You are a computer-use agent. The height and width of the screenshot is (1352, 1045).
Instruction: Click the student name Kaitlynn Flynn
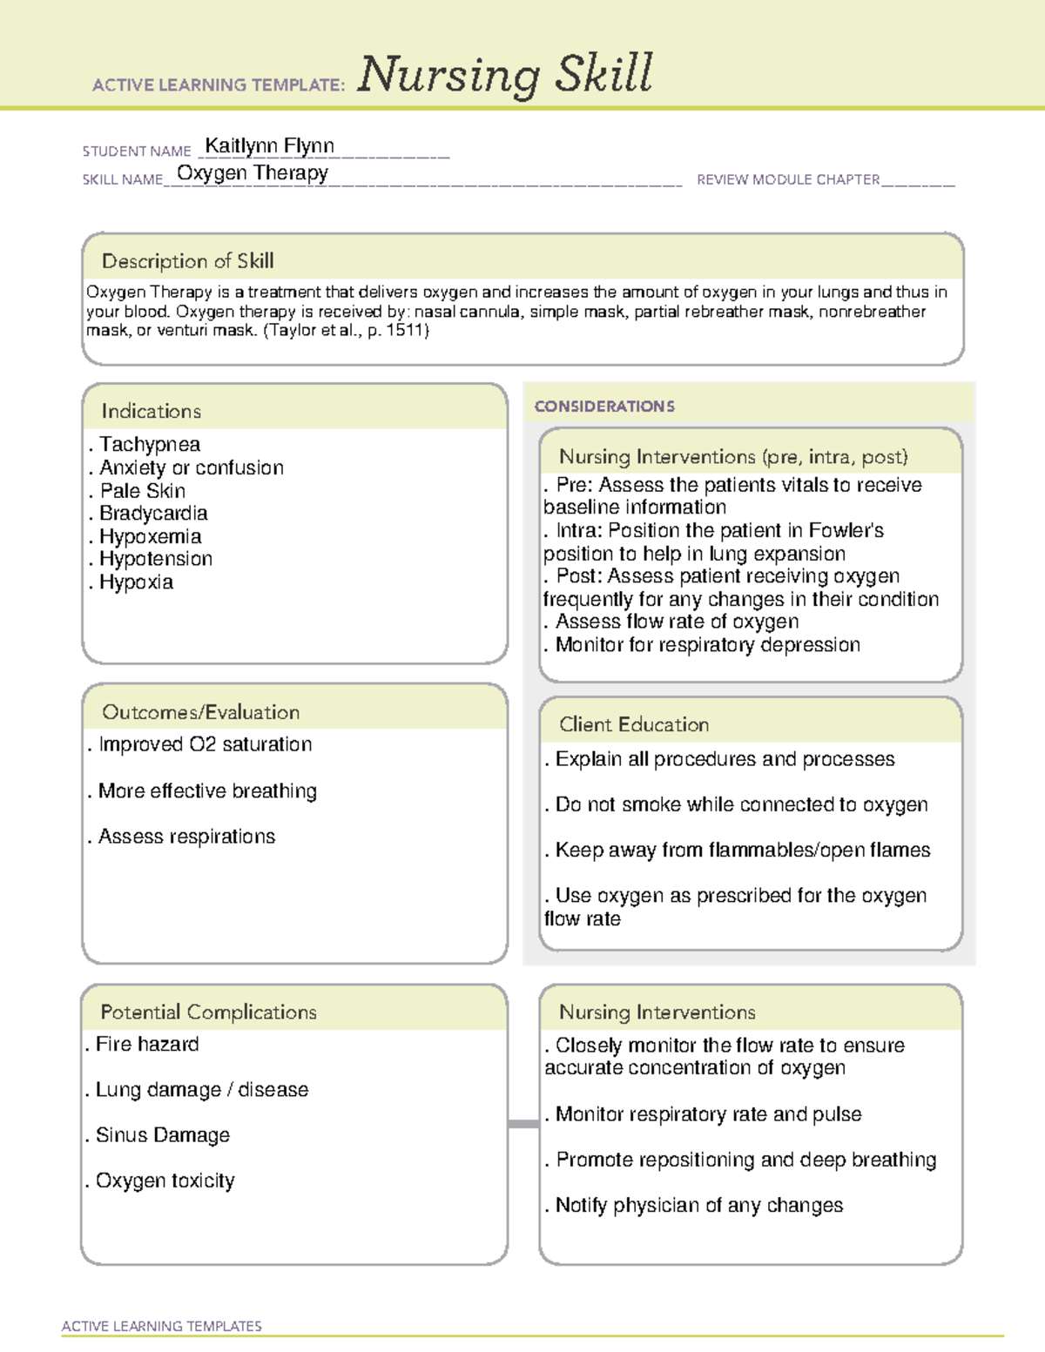pos(269,146)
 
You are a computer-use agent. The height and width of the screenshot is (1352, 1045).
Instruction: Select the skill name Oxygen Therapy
pos(253,173)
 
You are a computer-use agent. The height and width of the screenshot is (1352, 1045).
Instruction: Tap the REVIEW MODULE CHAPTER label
pos(788,180)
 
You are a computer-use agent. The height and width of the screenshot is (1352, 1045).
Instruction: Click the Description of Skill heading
pos(188,261)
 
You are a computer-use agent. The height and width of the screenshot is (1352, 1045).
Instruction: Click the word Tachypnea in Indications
pos(150,445)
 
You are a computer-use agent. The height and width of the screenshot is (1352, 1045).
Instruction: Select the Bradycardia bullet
pos(153,514)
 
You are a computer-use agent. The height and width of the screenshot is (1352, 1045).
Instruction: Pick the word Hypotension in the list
pos(156,559)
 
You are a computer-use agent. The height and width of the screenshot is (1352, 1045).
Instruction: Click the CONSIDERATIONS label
pos(604,407)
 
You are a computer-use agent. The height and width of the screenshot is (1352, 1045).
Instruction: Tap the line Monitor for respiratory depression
pos(707,645)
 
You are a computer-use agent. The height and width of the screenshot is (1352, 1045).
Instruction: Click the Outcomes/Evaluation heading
pos(201,712)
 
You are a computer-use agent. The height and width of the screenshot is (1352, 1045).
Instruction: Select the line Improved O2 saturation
pos(205,744)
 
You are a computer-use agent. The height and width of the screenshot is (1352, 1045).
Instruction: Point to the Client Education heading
pos(634,724)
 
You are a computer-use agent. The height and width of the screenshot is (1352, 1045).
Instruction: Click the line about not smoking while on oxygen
pos(741,804)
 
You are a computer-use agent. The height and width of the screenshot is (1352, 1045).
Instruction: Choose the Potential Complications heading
pos(209,1012)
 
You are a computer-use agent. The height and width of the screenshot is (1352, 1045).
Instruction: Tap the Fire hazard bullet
pos(147,1044)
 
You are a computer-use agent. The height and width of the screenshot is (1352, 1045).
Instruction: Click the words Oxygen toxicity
pos(165,1180)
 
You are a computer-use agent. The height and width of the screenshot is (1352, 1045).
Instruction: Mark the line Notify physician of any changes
pos(698,1206)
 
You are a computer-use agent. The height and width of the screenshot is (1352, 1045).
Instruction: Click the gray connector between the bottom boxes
pos(523,1124)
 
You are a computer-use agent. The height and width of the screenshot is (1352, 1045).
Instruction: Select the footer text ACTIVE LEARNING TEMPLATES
pos(162,1326)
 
